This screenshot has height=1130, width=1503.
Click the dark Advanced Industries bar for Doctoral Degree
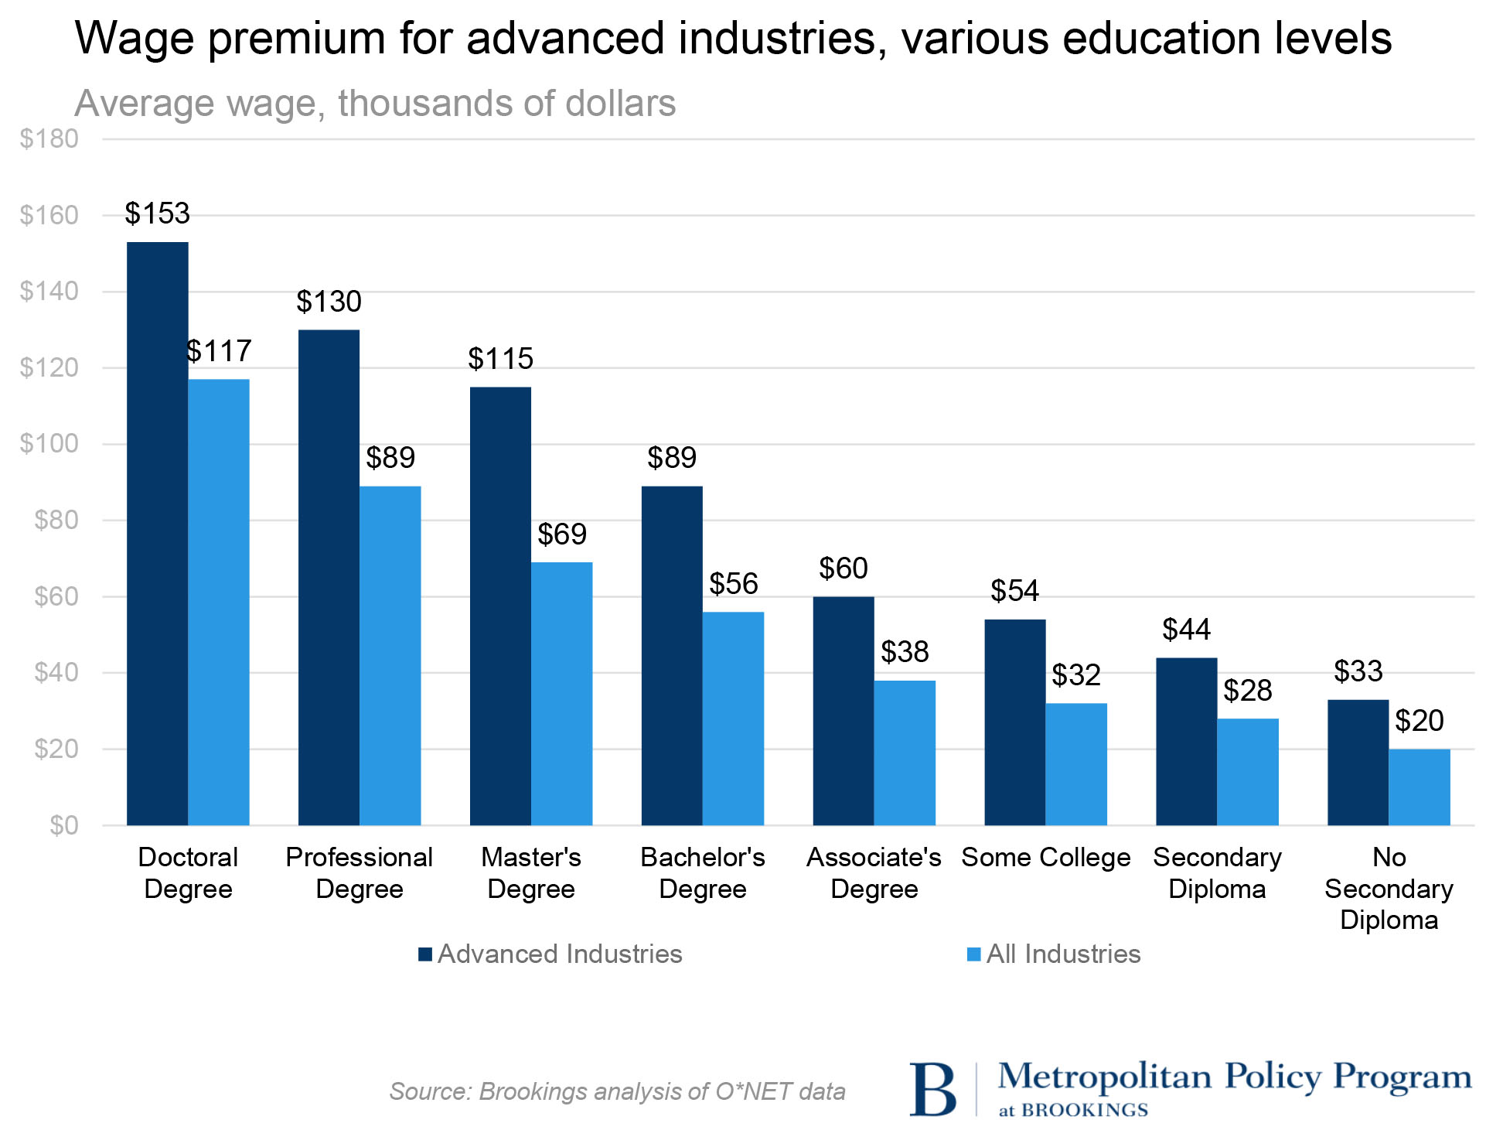(x=158, y=534)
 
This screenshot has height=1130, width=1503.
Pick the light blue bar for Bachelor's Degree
(x=733, y=719)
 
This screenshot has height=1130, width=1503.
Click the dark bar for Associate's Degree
(x=843, y=711)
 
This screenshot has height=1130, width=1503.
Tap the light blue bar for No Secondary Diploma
(x=1419, y=787)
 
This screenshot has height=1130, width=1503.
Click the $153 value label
(x=158, y=213)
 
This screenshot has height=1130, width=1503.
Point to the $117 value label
(x=220, y=351)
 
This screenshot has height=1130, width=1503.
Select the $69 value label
(x=562, y=534)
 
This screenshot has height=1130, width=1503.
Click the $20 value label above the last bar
(x=1419, y=721)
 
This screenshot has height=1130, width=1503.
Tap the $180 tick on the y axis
(x=49, y=139)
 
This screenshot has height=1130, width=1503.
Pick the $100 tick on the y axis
(x=49, y=444)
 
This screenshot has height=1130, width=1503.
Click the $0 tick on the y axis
(x=63, y=825)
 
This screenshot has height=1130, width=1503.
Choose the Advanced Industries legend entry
(x=550, y=954)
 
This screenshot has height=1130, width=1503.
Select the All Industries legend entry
(x=1055, y=954)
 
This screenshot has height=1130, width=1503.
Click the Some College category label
(x=1045, y=858)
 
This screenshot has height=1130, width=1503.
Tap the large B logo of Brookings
(x=932, y=1089)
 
